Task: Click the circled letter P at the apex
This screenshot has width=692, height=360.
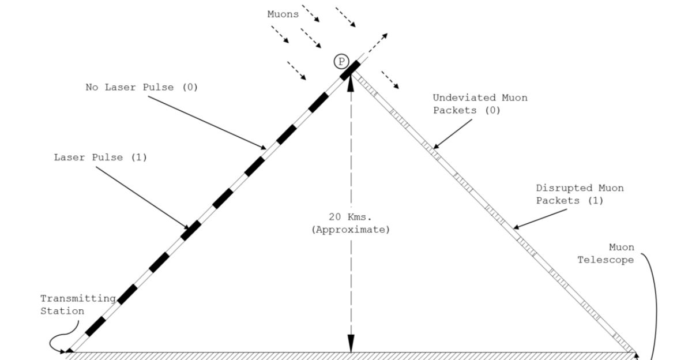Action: [342, 62]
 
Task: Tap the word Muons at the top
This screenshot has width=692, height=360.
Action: [283, 14]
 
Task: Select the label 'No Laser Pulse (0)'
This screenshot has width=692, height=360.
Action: [142, 87]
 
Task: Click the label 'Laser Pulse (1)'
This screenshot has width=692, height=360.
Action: [100, 157]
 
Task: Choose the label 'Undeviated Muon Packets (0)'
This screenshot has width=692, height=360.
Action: [480, 104]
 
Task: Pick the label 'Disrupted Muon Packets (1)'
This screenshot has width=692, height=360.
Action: [580, 194]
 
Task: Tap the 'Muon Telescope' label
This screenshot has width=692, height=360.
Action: [605, 254]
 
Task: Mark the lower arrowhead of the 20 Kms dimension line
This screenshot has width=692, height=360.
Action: [350, 346]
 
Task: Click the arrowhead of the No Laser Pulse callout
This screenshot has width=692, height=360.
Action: [264, 147]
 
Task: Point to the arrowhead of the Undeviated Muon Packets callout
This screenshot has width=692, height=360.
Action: [437, 147]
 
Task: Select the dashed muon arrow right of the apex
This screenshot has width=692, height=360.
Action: [390, 80]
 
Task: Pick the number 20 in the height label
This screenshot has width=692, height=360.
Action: [334, 217]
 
